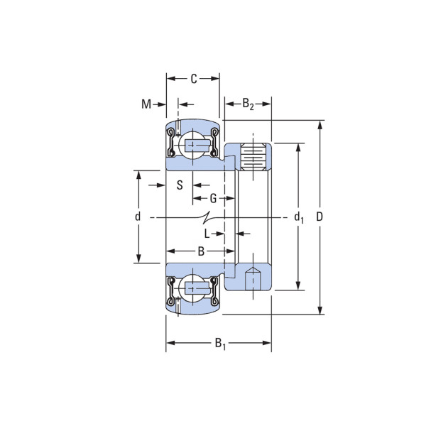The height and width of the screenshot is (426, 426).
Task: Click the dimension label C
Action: (193, 79)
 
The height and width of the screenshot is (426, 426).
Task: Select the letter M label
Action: (146, 104)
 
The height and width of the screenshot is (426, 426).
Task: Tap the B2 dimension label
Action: (248, 104)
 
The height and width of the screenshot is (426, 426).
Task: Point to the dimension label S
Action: (180, 185)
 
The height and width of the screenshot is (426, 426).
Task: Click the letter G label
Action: (213, 198)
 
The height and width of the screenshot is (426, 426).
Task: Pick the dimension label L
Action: (207, 234)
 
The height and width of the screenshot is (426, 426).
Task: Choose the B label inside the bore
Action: (201, 251)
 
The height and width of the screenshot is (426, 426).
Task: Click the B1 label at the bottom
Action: (220, 344)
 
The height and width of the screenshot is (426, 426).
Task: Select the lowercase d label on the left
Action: (138, 217)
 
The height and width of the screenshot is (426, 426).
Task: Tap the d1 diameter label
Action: (299, 217)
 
